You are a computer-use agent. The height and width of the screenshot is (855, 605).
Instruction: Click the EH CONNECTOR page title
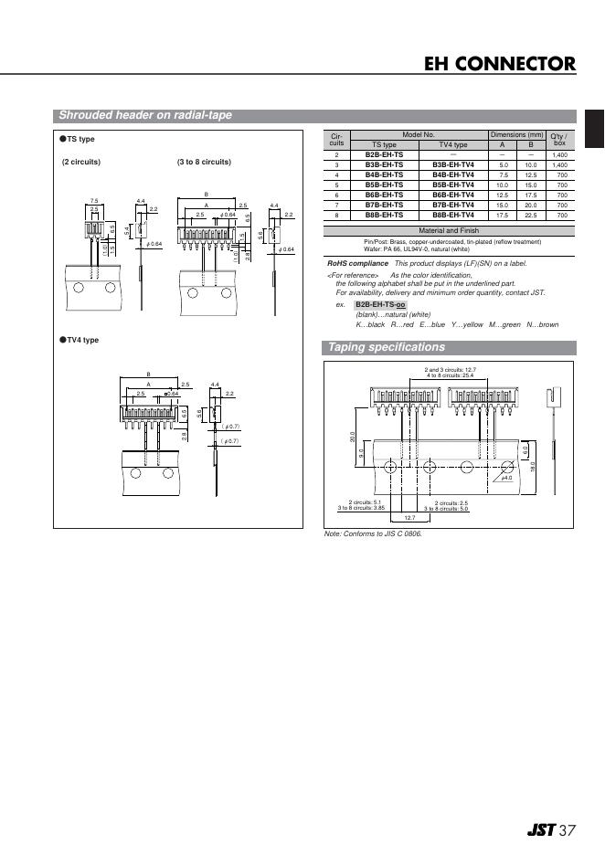[x=499, y=64]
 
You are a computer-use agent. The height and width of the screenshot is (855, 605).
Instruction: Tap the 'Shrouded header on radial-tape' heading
[x=144, y=115]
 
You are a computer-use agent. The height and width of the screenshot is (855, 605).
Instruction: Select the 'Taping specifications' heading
[x=386, y=347]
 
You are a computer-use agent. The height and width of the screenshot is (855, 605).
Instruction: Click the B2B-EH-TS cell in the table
[x=384, y=155]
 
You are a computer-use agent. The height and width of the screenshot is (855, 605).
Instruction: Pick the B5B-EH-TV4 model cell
[x=452, y=185]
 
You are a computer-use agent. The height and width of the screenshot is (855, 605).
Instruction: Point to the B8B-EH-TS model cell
[x=384, y=215]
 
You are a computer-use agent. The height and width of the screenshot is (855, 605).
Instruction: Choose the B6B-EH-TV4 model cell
[x=452, y=195]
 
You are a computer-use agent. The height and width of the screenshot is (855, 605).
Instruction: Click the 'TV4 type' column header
[x=452, y=144]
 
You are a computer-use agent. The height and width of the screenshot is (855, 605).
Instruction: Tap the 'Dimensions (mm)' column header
[x=516, y=134]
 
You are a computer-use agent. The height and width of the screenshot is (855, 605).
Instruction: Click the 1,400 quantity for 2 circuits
[x=560, y=155]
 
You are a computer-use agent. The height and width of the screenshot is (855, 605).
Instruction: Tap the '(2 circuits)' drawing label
[x=81, y=162]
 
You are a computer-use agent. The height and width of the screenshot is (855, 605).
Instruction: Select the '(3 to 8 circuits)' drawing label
[x=204, y=162]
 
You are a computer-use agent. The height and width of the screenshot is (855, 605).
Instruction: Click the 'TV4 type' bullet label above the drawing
[x=80, y=340]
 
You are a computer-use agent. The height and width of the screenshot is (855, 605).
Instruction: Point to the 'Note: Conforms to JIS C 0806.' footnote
[x=374, y=533]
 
